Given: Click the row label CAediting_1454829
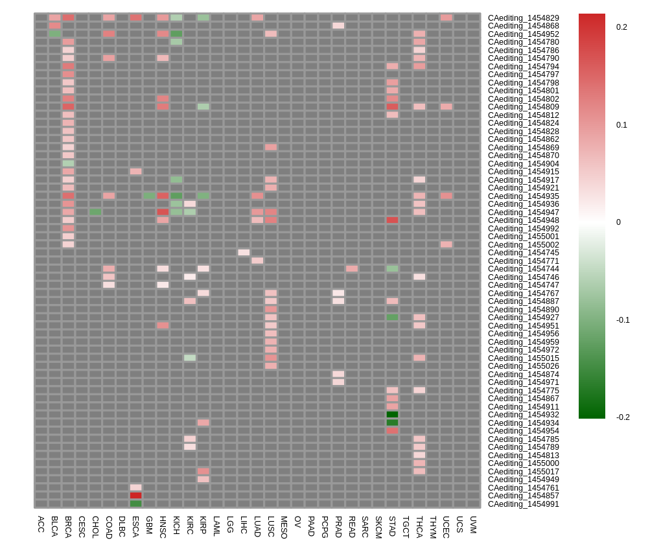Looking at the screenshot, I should pos(523,17).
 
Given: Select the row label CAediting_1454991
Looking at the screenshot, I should pos(523,504).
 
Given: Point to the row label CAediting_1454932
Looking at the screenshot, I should pos(523,415).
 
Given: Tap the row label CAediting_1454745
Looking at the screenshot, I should pos(523,253).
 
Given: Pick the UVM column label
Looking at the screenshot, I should pos(473,525).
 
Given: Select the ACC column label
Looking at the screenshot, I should pos(41,524).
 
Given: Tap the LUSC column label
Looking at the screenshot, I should pos(271,527).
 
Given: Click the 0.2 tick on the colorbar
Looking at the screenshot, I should pos(621,27).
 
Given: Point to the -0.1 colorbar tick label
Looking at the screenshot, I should pos(623,320).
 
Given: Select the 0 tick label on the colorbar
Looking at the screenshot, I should pos(619,222).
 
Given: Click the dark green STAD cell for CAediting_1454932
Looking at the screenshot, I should pos(392,415).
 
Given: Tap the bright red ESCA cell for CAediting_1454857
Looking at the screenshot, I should pos(135,496).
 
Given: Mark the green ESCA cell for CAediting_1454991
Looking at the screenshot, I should pos(135,504).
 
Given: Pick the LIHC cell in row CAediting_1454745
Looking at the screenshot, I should pos(244,253).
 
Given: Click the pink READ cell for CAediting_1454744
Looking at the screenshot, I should pos(352,269).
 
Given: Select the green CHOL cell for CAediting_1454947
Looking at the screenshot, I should pos(95,212).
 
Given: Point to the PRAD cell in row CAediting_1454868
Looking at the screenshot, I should pos(338,26).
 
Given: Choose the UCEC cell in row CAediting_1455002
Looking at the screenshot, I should pos(447,244).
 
